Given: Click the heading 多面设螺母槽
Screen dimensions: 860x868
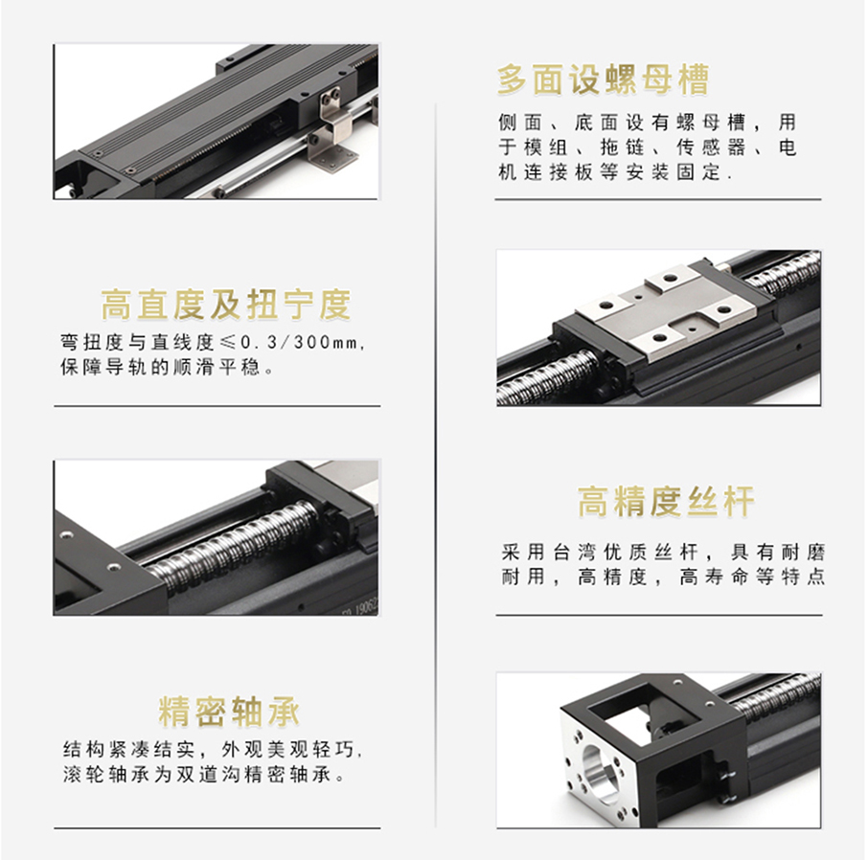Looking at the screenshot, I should (x=603, y=79).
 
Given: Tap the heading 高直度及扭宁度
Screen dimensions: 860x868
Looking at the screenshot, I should (x=226, y=305).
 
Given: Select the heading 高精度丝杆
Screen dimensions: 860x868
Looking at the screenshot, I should (x=666, y=502).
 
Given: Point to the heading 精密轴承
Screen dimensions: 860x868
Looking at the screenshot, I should (x=229, y=712).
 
